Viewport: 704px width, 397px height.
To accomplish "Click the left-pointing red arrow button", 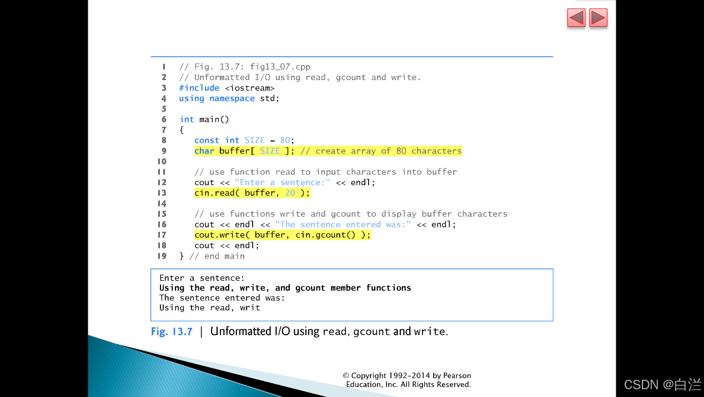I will (x=576, y=18).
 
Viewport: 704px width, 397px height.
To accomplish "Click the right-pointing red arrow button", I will (x=598, y=18).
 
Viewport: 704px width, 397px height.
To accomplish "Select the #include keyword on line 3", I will (x=199, y=88).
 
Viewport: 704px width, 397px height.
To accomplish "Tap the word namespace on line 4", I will (x=232, y=98).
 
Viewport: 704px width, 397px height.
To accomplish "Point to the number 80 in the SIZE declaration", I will (x=285, y=140).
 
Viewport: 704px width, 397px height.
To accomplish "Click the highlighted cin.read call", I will (x=252, y=193).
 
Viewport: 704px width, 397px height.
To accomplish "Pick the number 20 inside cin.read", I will (x=290, y=193).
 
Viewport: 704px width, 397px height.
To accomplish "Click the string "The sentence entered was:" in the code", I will (x=343, y=225).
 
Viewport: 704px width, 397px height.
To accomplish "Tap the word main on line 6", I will (x=209, y=119).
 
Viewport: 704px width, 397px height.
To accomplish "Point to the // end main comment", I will (x=217, y=256).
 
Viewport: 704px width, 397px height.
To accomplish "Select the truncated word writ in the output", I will (x=250, y=307).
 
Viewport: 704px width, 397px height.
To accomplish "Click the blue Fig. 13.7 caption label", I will (x=172, y=331).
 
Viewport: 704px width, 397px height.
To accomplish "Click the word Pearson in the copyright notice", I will (x=457, y=375).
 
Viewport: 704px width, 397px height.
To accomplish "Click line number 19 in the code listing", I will (x=162, y=256).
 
